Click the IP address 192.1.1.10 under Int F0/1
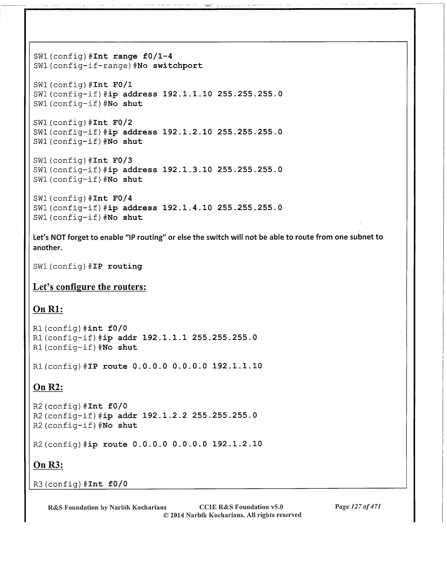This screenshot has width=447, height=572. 187,94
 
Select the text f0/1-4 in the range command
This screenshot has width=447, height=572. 157,56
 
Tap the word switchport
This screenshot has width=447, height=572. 178,66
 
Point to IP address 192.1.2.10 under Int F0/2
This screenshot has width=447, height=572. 187,132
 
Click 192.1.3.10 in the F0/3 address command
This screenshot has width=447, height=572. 187,170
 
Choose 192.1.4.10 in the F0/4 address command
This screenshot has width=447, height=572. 187,208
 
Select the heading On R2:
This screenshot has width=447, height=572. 48,387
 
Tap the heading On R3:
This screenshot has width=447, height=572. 48,465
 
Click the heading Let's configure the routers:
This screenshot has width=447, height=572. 90,287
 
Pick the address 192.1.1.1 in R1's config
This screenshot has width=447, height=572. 165,338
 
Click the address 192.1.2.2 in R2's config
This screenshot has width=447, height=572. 165,415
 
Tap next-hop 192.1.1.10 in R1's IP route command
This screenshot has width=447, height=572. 237,366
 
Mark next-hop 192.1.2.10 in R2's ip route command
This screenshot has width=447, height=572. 237,444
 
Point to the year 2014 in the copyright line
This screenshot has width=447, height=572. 177,515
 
